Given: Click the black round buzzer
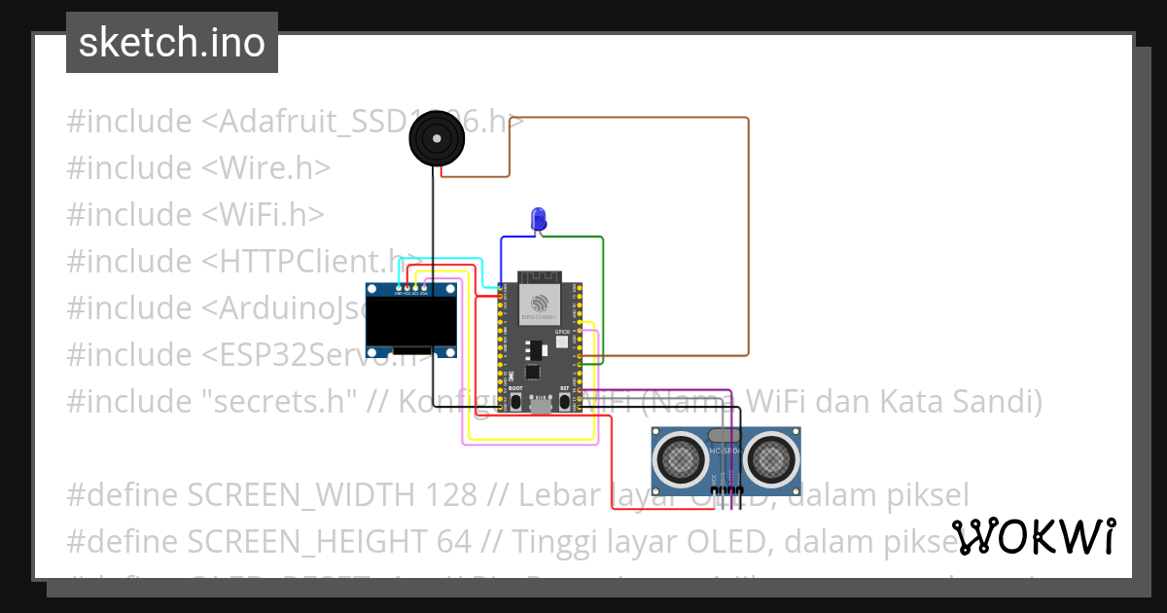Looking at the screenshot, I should click(x=436, y=138).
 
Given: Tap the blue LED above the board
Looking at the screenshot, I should click(x=538, y=219).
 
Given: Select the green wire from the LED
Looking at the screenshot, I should click(x=603, y=292).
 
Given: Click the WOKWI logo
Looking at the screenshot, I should click(x=1034, y=537).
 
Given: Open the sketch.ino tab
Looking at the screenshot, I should click(x=172, y=43).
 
